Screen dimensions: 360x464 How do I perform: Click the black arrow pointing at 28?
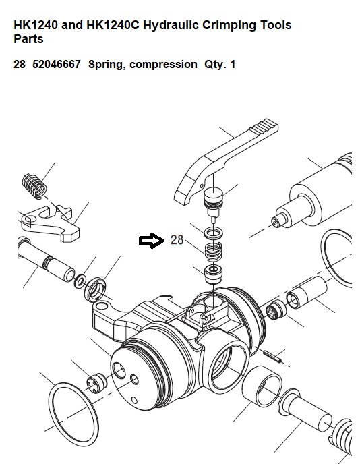(152, 241)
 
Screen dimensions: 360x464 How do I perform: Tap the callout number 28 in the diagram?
(177, 240)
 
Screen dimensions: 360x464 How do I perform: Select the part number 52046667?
(56, 64)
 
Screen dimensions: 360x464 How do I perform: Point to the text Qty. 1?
(220, 65)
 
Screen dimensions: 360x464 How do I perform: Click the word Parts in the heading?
(28, 39)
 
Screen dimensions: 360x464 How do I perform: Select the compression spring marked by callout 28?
(214, 252)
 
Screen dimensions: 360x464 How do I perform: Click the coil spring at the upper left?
(34, 186)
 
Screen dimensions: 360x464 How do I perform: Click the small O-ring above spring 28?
(214, 233)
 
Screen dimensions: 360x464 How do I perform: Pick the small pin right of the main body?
(272, 356)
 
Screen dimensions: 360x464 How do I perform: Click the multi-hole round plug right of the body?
(276, 310)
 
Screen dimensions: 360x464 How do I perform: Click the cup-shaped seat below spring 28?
(214, 274)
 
